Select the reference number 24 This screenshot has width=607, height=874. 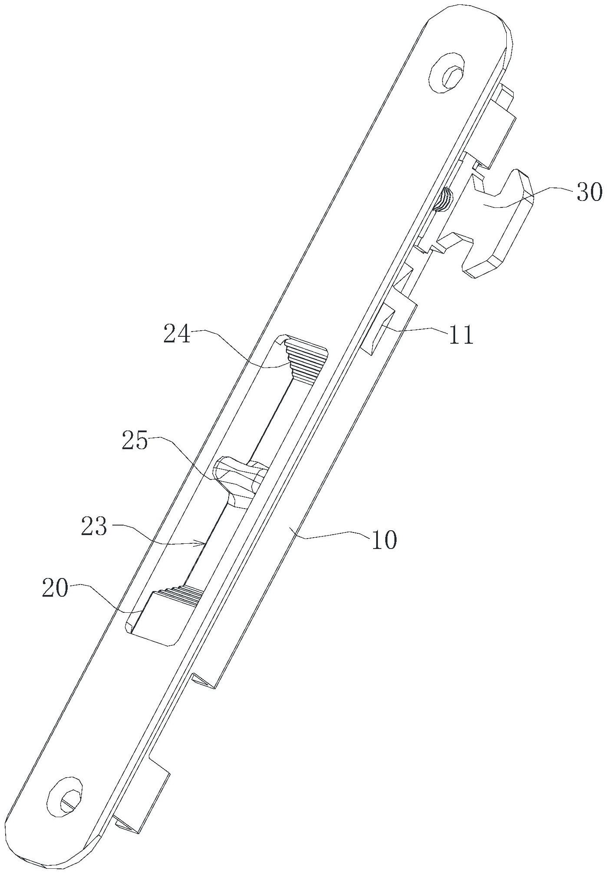click(177, 334)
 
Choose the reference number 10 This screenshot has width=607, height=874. click(383, 539)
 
